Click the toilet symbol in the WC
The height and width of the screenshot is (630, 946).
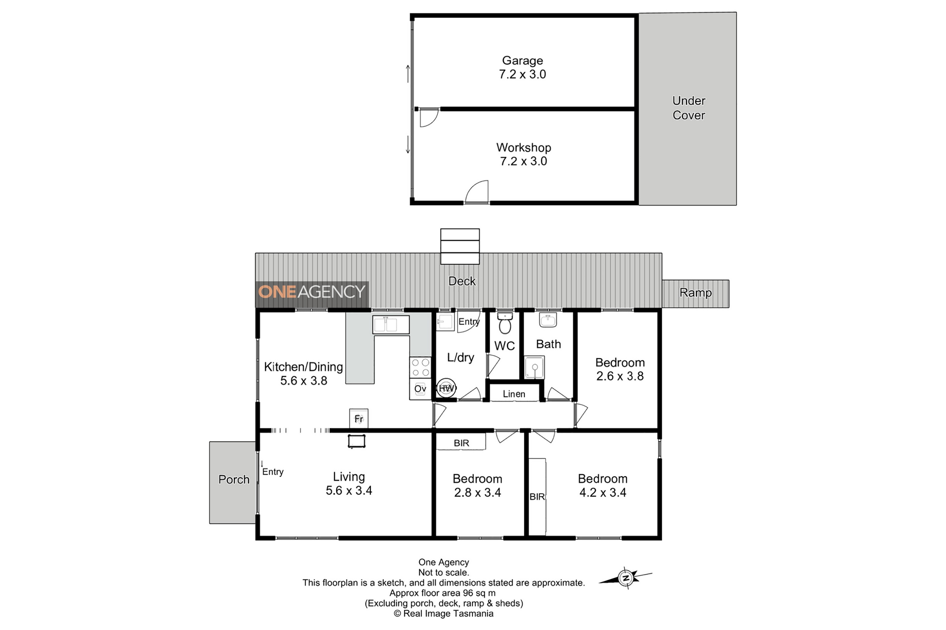pyautogui.click(x=505, y=323)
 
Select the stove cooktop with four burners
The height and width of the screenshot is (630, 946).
pyautogui.click(x=420, y=367)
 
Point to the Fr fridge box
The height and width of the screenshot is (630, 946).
pyautogui.click(x=359, y=419)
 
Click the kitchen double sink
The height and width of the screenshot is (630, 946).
pyautogui.click(x=391, y=325)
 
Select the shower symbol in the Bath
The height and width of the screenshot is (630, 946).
pyautogui.click(x=534, y=367)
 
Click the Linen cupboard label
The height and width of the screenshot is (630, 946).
pyautogui.click(x=514, y=394)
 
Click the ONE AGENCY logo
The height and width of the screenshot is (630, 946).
pyautogui.click(x=312, y=292)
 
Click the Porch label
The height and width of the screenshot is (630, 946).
pyautogui.click(x=234, y=479)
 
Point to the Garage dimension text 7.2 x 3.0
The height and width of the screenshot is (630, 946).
pyautogui.click(x=523, y=74)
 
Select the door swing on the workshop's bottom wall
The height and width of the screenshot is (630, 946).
pyautogui.click(x=476, y=192)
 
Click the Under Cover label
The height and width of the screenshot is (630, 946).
pyautogui.click(x=689, y=108)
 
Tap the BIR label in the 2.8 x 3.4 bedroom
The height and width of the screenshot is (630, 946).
pyautogui.click(x=461, y=443)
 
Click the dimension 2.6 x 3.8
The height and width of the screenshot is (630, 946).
pyautogui.click(x=620, y=376)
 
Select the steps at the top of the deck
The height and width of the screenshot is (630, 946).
pyautogui.click(x=460, y=246)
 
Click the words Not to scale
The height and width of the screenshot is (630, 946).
pyautogui.click(x=444, y=573)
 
